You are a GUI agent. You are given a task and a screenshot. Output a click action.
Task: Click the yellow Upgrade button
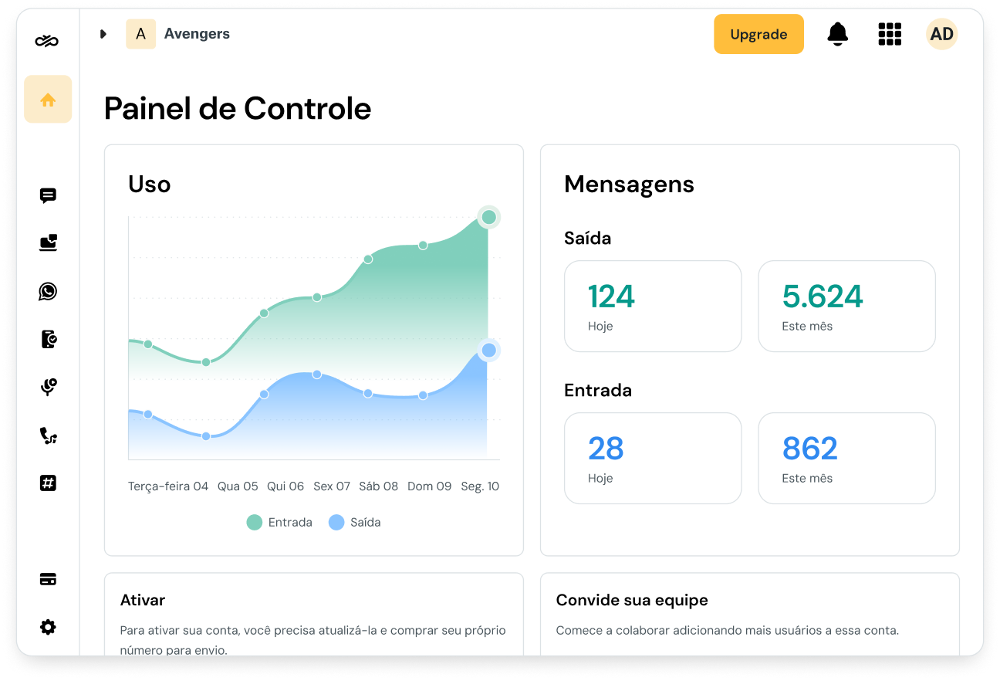758,34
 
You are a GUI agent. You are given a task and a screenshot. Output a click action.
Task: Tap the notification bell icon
837,34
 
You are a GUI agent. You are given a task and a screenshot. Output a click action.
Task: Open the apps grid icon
890,34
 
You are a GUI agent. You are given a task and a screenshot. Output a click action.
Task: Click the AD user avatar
941,34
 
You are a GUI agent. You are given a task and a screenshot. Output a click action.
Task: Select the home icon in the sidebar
48,100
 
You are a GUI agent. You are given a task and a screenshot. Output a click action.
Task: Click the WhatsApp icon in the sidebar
48,291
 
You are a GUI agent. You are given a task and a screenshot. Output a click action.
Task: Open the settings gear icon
48,627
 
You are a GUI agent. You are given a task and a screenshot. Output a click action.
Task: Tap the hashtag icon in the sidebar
48,483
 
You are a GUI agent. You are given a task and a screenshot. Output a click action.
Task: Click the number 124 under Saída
611,297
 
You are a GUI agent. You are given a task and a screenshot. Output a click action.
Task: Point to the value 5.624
823,297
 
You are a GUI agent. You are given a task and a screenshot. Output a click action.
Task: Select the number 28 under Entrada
606,449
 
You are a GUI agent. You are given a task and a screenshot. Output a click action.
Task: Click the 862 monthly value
809,449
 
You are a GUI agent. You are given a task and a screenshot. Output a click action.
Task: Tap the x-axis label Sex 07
332,486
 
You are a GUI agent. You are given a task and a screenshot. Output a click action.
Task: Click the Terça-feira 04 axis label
168,486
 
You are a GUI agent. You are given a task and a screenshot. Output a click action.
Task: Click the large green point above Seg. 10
488,217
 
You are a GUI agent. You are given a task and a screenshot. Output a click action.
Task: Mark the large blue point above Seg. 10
488,351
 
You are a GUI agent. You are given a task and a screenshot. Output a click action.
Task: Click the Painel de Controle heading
238,109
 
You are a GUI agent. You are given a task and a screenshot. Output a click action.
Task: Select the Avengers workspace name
197,34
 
